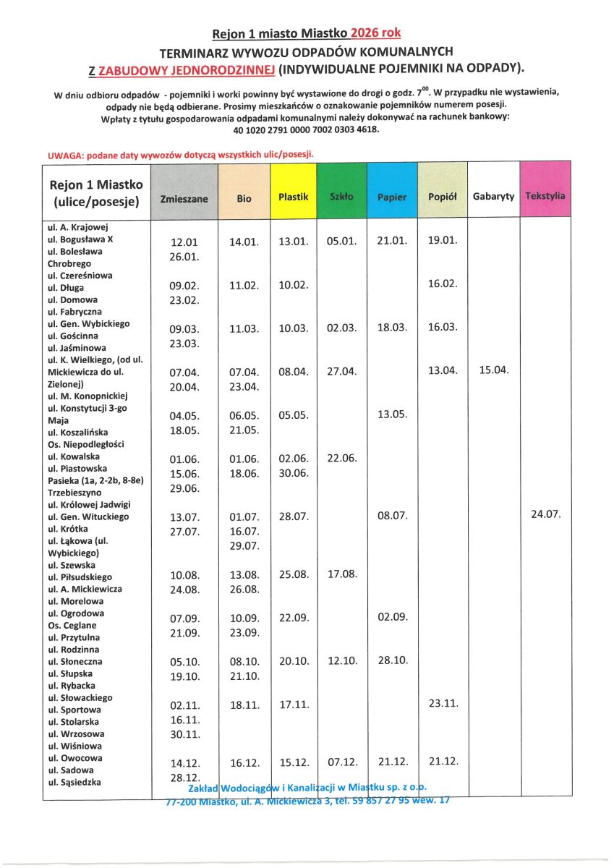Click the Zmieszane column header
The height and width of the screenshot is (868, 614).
[184, 197]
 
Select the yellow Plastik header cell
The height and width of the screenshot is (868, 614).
[294, 196]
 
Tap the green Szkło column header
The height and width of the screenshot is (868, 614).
[342, 196]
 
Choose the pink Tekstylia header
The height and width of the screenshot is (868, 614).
[545, 196]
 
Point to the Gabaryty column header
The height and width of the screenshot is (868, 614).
[493, 196]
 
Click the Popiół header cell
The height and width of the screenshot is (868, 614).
[443, 197]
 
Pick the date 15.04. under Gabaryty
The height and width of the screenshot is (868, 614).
[494, 370]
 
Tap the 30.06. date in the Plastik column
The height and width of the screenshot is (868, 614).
[294, 473]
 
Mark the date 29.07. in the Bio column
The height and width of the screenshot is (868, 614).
[244, 545]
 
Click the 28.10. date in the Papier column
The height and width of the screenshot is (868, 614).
[393, 660]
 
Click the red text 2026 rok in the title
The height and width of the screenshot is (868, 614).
[375, 33]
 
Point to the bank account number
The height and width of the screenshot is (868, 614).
[306, 129]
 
